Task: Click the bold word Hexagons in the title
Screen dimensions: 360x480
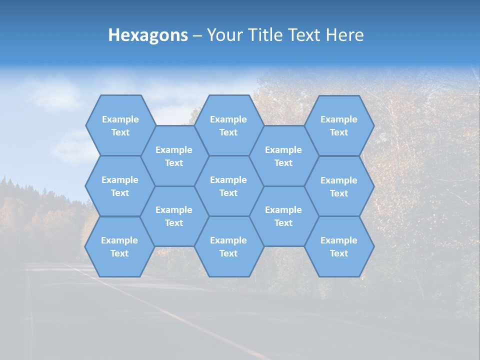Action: [148, 35]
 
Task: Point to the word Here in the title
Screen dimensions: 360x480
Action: [345, 35]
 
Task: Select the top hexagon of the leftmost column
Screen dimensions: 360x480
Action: [120, 125]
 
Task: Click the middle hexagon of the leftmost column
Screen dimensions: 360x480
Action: [120, 186]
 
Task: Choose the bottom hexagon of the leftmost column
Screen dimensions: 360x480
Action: [119, 246]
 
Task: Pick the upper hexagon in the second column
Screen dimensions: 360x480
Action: [174, 156]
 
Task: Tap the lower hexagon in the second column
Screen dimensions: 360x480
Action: [174, 216]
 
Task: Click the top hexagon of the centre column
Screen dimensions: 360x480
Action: [228, 125]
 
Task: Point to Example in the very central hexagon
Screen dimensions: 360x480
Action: [228, 180]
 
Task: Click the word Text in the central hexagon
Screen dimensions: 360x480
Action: [228, 193]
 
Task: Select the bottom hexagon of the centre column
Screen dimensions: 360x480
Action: [228, 246]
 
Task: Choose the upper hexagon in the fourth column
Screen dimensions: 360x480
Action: [283, 156]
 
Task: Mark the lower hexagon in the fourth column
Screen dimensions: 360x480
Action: [283, 216]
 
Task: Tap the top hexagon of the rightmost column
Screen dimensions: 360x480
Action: [339, 125]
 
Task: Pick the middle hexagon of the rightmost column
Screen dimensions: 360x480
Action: [339, 186]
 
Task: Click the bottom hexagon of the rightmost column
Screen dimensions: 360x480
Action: [339, 246]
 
